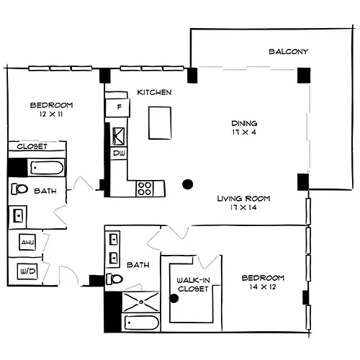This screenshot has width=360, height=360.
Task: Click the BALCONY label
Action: pyautogui.click(x=288, y=52)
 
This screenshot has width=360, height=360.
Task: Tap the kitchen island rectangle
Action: pyautogui.click(x=160, y=123)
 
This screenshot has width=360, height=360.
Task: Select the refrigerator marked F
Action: pyautogui.click(x=118, y=107)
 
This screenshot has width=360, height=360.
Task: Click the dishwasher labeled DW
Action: pyautogui.click(x=119, y=153)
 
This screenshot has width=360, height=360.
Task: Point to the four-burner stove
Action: pyautogui.click(x=145, y=189)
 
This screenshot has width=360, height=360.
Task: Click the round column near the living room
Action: pyautogui.click(x=188, y=184)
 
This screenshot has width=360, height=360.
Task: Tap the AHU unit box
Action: pyautogui.click(x=27, y=242)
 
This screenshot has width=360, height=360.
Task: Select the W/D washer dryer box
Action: pyautogui.click(x=27, y=271)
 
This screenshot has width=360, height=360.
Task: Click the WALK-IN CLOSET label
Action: pyautogui.click(x=193, y=284)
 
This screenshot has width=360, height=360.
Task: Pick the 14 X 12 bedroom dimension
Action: pyautogui.click(x=263, y=287)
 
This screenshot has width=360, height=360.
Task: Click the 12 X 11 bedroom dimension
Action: pyautogui.click(x=51, y=114)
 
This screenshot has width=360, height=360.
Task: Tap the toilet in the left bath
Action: pyautogui.click(x=19, y=189)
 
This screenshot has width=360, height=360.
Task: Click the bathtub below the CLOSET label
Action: pyautogui.click(x=47, y=168)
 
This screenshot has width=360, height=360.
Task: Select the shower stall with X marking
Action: pyautogui.click(x=141, y=302)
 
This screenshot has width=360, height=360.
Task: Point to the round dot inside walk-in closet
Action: pyautogui.click(x=174, y=298)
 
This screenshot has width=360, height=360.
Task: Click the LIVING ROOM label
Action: pyautogui.click(x=243, y=199)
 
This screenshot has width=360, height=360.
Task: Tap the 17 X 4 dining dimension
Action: pyautogui.click(x=244, y=132)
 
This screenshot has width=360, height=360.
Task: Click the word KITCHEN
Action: pyautogui.click(x=154, y=92)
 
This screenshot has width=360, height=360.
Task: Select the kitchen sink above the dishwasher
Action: pyautogui.click(x=119, y=137)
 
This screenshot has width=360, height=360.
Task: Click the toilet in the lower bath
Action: pyautogui.click(x=114, y=279)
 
